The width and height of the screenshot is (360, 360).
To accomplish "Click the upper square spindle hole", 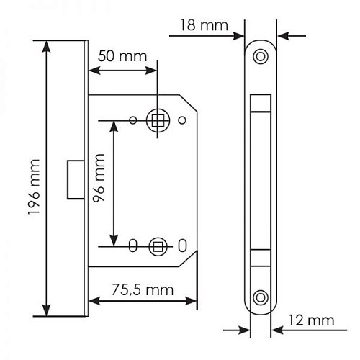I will pos(157,120).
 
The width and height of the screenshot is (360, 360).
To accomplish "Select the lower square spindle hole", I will pos(157,246).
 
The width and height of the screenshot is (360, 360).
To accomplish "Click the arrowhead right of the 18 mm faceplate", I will pos(281,33).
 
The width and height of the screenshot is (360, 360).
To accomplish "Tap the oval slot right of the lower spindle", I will pos(182,246).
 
